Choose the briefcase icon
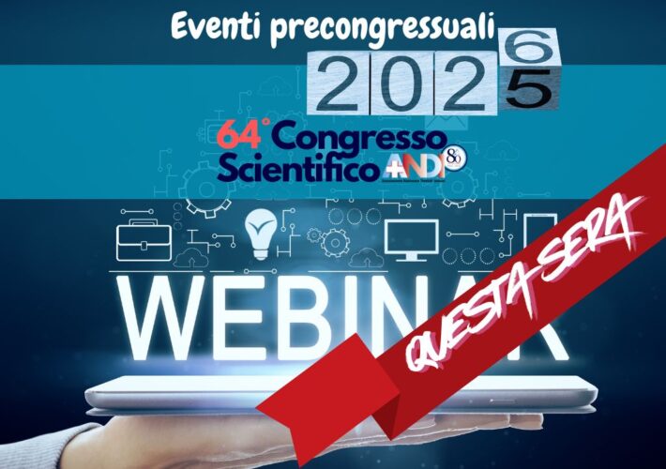(x=144, y=241)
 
